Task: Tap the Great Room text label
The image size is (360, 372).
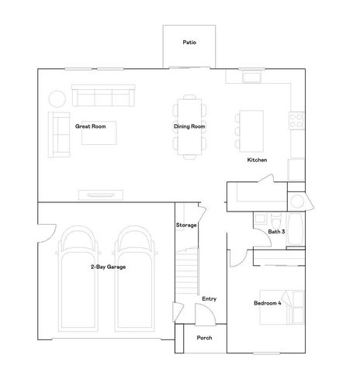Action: tap(90, 125)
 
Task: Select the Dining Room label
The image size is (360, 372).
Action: tap(189, 126)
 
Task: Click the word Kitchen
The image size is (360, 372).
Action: tap(257, 160)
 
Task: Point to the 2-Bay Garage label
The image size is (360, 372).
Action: tap(108, 267)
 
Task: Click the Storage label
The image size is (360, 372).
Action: tap(187, 225)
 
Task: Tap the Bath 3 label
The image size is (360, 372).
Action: tap(278, 232)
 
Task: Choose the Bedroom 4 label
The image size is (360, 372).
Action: tap(268, 302)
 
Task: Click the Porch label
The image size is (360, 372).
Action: tap(204, 338)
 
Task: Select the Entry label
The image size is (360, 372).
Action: tap(209, 299)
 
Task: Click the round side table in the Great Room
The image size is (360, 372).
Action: tap(57, 98)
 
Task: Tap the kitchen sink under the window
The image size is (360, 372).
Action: tap(252, 78)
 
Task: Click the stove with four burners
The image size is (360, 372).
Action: tap(296, 120)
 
